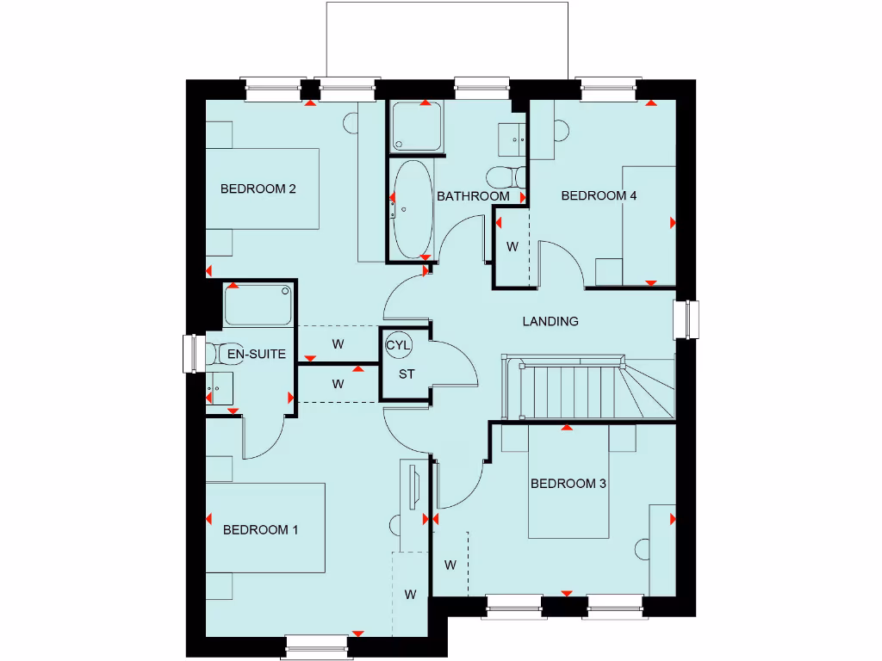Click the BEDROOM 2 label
(258, 188)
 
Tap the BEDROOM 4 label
(599, 195)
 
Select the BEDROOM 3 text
(568, 484)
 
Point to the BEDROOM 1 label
(260, 529)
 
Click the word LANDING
(550, 321)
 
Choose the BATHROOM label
(473, 196)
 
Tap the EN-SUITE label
(256, 354)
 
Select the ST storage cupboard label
(406, 374)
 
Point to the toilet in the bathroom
(506, 177)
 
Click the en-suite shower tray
(258, 305)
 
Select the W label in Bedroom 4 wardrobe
(512, 247)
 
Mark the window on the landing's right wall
(687, 318)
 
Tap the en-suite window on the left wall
(194, 355)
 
